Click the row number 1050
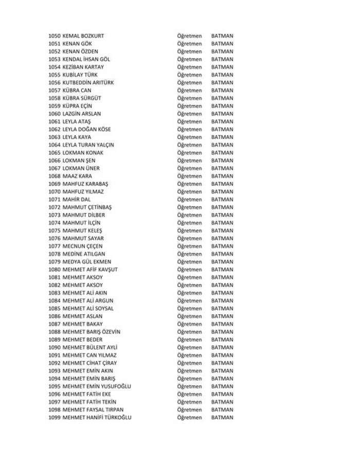point(55,36)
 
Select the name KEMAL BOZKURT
point(83,36)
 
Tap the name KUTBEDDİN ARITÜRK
point(88,83)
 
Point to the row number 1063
point(55,137)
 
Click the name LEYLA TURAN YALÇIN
point(88,145)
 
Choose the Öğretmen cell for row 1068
point(189,176)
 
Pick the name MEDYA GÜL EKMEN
point(87,262)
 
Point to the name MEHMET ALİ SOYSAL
point(88,309)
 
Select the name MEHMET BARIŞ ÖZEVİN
point(92,332)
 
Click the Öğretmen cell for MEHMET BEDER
point(189,340)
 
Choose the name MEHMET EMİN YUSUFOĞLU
point(97,386)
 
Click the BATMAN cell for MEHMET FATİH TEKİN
point(222,402)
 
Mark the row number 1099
point(55,417)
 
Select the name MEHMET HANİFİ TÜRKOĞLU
point(97,417)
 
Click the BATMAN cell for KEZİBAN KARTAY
point(222,67)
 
